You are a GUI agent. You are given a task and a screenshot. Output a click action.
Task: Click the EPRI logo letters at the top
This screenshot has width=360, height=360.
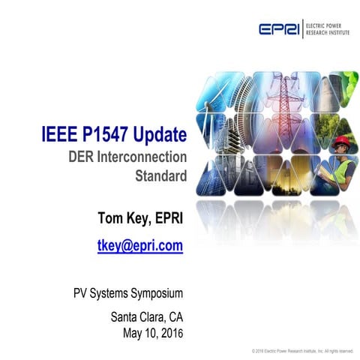pos(280,29)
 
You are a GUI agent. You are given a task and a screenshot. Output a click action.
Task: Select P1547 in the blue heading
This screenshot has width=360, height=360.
pos(110,136)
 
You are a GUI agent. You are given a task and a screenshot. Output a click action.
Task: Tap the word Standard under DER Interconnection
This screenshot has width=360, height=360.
pos(159,178)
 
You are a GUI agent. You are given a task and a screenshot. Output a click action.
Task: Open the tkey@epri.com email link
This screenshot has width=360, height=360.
pos(140,245)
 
